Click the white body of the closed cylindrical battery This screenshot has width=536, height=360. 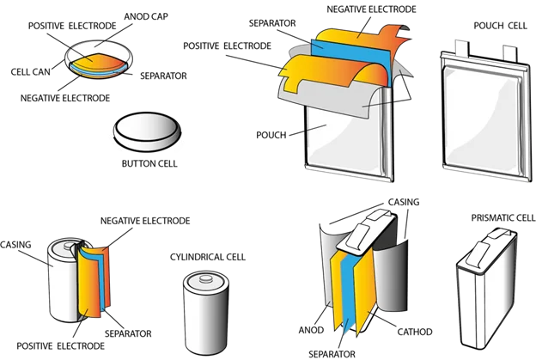204,318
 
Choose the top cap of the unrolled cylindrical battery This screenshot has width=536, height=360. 64,250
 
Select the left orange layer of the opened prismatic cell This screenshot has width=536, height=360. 332,284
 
